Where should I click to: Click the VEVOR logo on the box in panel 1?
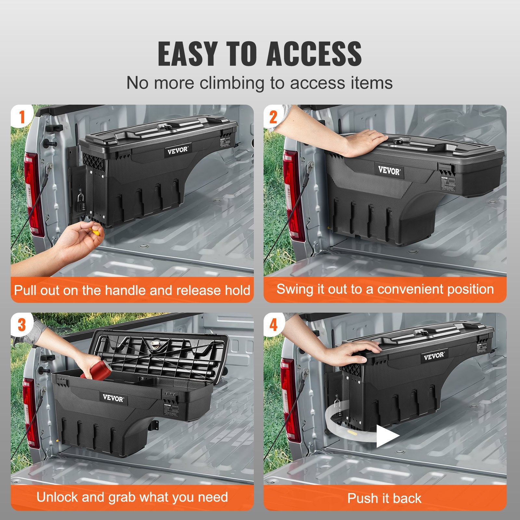[178, 150]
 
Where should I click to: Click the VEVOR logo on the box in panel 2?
[389, 170]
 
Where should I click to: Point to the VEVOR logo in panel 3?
[113, 398]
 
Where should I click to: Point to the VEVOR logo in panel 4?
[434, 355]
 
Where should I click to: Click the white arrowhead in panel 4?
[387, 435]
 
